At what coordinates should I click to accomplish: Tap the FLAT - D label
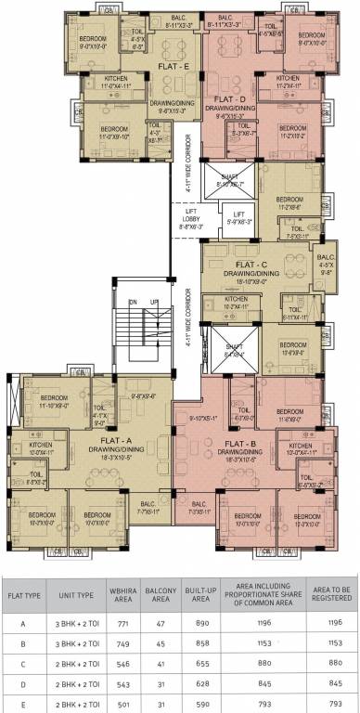click(229, 97)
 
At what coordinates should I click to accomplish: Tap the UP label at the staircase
click(155, 303)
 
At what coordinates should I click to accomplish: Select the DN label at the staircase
click(133, 303)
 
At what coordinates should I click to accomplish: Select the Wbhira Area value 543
click(122, 685)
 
